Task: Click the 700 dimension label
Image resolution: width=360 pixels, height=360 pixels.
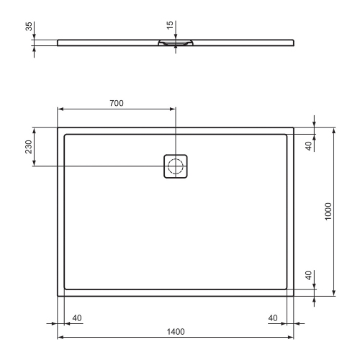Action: point(115,103)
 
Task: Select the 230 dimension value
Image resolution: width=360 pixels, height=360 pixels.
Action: point(27,147)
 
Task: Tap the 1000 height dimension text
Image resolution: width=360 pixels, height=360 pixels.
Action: point(328,211)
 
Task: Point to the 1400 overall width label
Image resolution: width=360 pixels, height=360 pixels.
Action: point(175,331)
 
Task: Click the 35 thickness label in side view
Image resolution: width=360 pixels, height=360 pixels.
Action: point(27,30)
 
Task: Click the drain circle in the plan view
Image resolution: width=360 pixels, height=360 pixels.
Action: point(175,166)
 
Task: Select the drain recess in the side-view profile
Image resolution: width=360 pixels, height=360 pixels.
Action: point(175,44)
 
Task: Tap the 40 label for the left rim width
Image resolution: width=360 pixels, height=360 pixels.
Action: point(77,318)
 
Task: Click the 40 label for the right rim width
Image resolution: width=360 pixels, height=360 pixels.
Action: point(274,318)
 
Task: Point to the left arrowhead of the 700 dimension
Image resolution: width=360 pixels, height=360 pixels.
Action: point(60,110)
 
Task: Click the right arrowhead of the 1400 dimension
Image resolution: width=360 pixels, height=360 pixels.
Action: point(289,338)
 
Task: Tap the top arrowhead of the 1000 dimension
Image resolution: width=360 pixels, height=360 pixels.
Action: point(334,130)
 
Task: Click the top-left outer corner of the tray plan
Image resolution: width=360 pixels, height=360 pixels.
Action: point(58,128)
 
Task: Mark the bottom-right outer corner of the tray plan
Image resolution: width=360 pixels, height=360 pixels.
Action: point(293,295)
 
